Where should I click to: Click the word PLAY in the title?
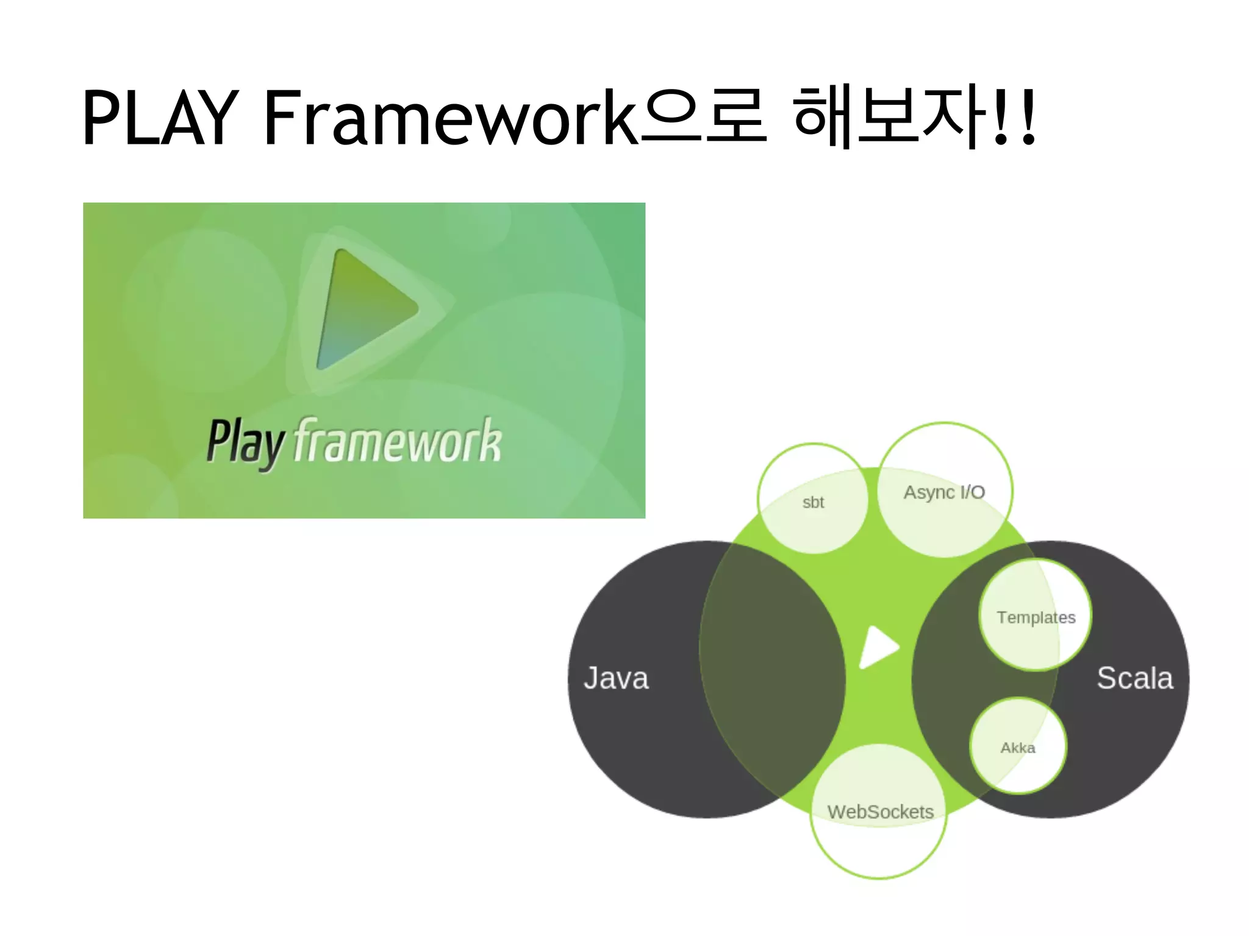pyautogui.click(x=160, y=118)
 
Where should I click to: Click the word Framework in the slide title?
pyautogui.click(x=449, y=118)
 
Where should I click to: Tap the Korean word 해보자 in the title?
pyautogui.click(x=890, y=117)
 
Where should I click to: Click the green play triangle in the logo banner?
pyautogui.click(x=365, y=309)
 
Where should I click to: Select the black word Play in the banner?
pyautogui.click(x=245, y=442)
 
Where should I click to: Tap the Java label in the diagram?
pyautogui.click(x=616, y=678)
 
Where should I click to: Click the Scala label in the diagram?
pyautogui.click(x=1134, y=678)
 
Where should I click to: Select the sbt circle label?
pyautogui.click(x=813, y=503)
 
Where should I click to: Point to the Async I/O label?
pyautogui.click(x=944, y=492)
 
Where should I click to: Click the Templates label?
pyautogui.click(x=1036, y=617)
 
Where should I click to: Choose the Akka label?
pyautogui.click(x=1017, y=748)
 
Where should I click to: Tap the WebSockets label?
pyautogui.click(x=880, y=812)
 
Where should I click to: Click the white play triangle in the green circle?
pyautogui.click(x=877, y=647)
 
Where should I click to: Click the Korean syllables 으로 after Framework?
pyautogui.click(x=703, y=117)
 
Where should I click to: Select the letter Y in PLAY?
pyautogui.click(x=215, y=118)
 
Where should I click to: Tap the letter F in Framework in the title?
pyautogui.click(x=282, y=118)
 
